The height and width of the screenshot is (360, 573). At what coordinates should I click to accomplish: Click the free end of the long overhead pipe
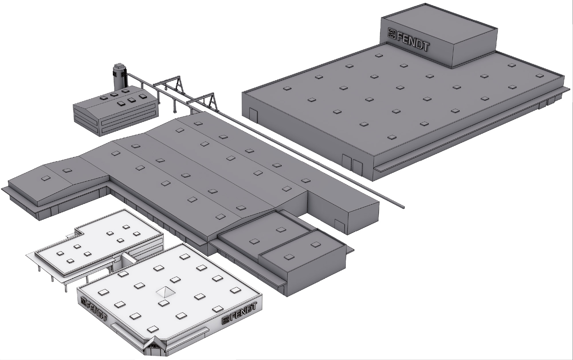pyautogui.click(x=402, y=206)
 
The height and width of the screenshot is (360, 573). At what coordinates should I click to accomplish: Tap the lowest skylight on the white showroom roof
pyautogui.click(x=152, y=328)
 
